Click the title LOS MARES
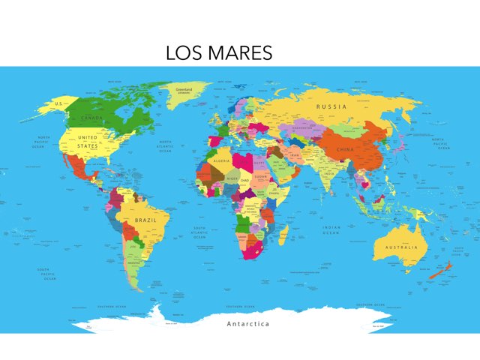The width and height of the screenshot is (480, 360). pos(218,53)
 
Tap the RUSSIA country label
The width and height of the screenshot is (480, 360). pos(331,106)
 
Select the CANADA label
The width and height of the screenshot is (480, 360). pos(92,118)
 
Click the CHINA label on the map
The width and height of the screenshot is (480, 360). pos(344,150)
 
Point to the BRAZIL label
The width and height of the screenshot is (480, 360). pos(145,220)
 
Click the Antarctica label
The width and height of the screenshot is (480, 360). pos(247,324)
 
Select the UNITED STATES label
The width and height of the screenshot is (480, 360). pos(88,142)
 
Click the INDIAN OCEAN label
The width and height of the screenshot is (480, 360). pos(331,230)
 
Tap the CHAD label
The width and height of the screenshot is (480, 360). pos(245,180)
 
